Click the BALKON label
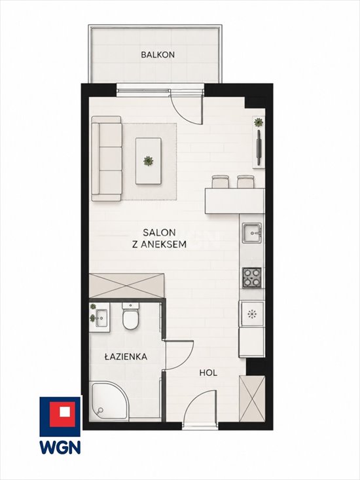pos(158,55)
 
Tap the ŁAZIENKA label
pos(126,356)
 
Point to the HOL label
pos(208,373)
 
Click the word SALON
pos(159,232)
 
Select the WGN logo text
pos(60,447)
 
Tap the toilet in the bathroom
pos(131,316)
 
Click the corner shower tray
pos(109,401)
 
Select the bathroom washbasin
pos(101,318)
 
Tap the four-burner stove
pos(252,278)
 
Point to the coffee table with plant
pos(149,161)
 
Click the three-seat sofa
pos(107,158)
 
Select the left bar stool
pos(220,181)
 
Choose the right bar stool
pos(245,181)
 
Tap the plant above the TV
pos(259,122)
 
